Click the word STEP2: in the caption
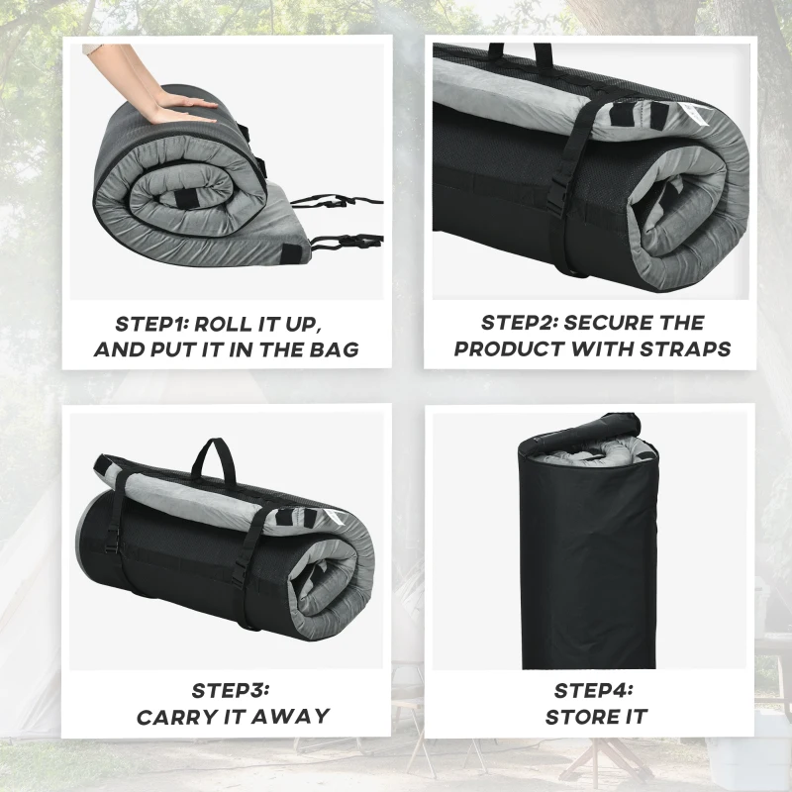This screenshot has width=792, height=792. [521, 323]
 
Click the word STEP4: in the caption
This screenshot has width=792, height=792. [593, 690]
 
